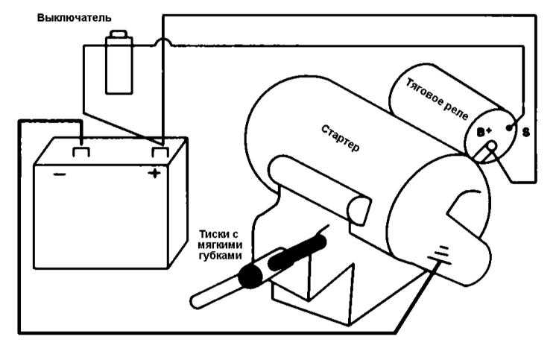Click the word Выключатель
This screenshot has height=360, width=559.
tap(74, 17)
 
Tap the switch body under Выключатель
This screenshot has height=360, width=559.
tap(119, 65)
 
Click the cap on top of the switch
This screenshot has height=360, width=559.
tap(119, 34)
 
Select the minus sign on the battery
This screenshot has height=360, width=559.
tap(59, 174)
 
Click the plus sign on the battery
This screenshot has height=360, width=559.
tap(154, 174)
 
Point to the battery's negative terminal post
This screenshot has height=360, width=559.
tap(81, 152)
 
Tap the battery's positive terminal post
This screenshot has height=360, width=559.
tap(160, 152)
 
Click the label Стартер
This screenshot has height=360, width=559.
tap(341, 139)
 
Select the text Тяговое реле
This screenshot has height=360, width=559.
tap(437, 99)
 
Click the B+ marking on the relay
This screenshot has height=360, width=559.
tap(484, 132)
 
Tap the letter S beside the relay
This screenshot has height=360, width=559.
tap(526, 133)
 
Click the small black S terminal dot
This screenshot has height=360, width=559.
tap(510, 127)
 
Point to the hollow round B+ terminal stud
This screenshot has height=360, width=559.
tap(492, 145)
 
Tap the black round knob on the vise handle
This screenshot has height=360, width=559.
tap(251, 276)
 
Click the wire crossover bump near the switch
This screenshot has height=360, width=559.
tap(163, 42)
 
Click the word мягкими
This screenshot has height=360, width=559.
tap(220, 245)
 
